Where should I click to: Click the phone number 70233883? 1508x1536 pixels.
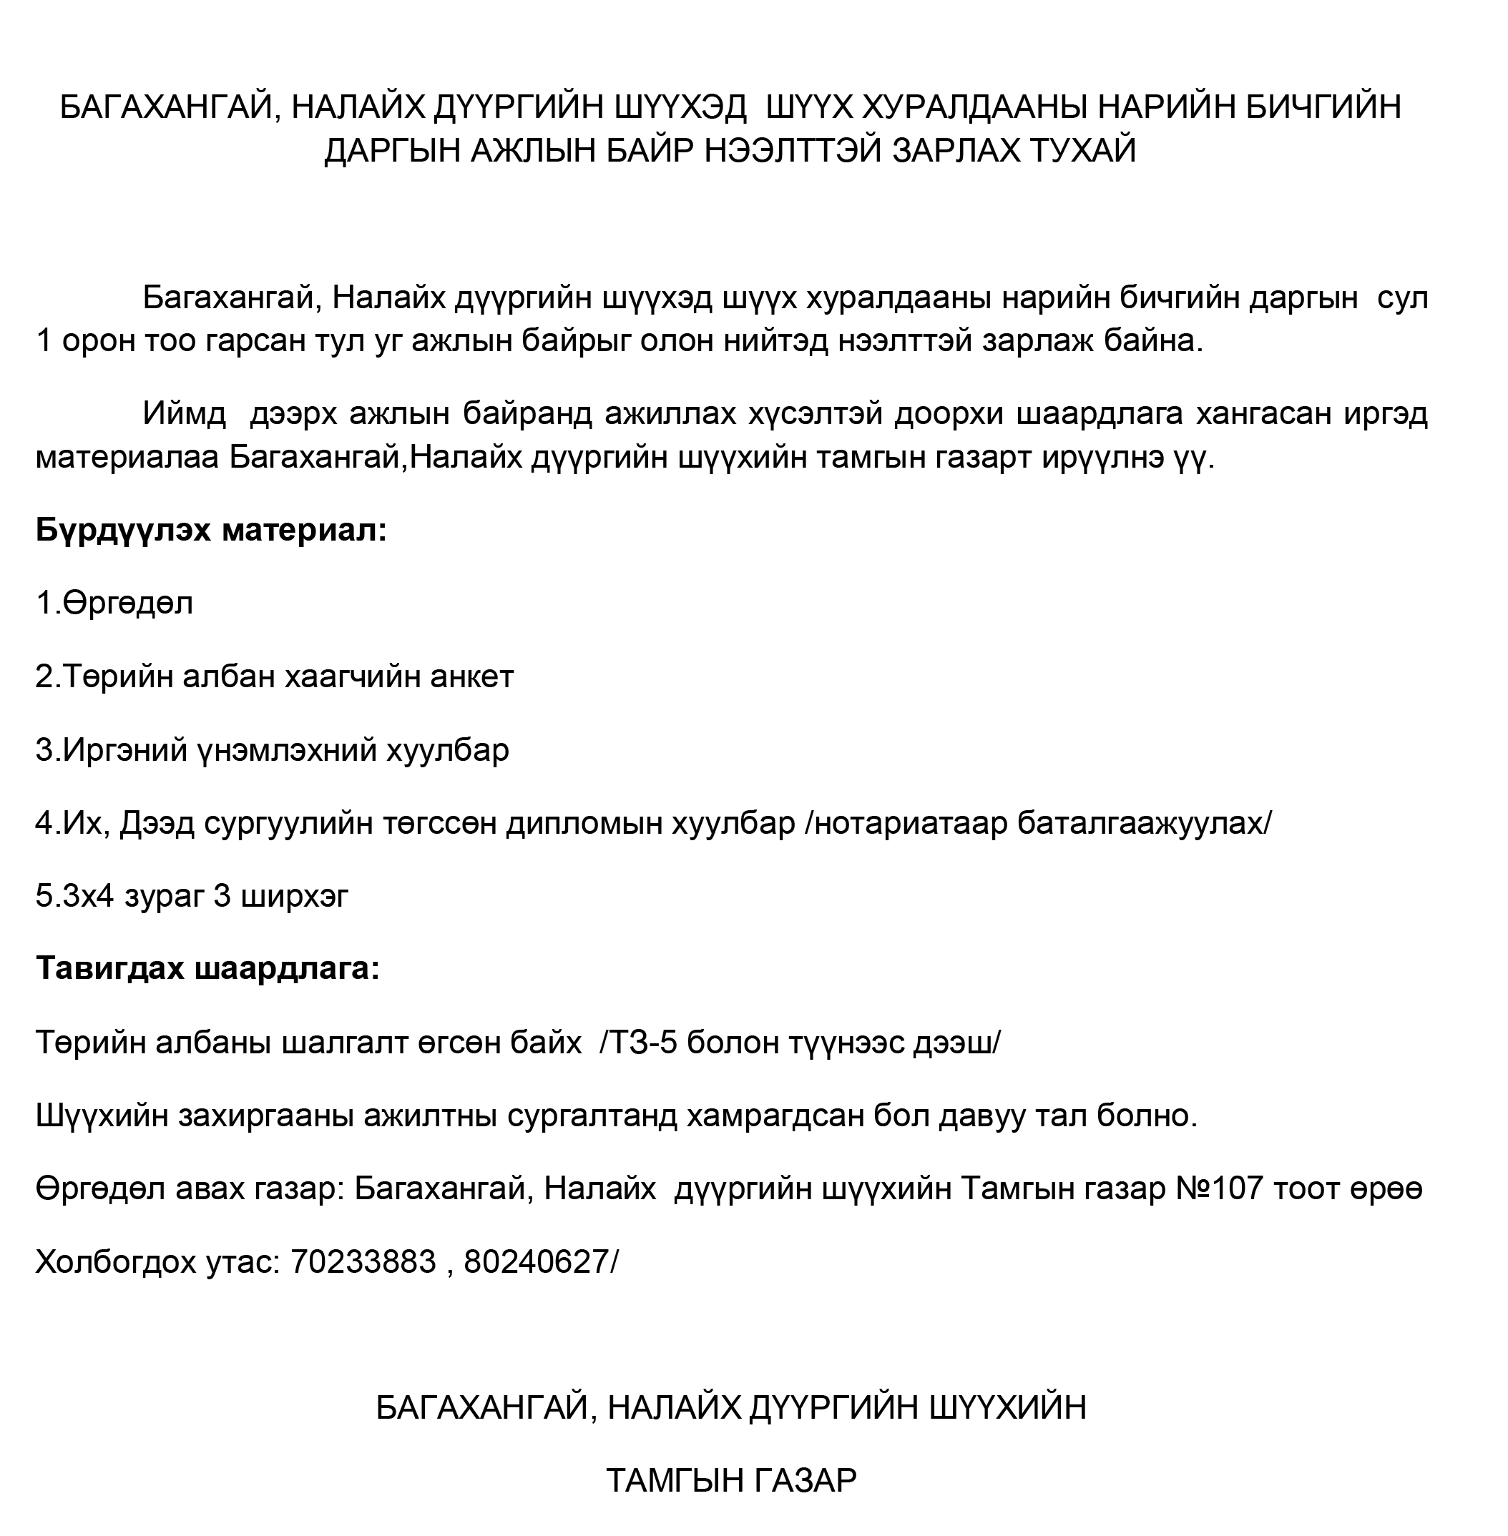click(x=363, y=1262)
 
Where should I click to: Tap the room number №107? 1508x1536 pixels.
click(x=1219, y=1188)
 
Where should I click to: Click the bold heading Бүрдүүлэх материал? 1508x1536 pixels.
click(x=210, y=530)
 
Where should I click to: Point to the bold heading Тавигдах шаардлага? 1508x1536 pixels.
click(x=207, y=968)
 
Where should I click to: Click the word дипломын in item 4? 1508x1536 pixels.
click(x=584, y=824)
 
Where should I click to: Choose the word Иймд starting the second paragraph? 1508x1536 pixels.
click(x=184, y=413)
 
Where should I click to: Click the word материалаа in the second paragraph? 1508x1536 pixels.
click(x=127, y=458)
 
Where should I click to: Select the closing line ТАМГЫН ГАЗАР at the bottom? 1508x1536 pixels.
click(x=730, y=1480)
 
